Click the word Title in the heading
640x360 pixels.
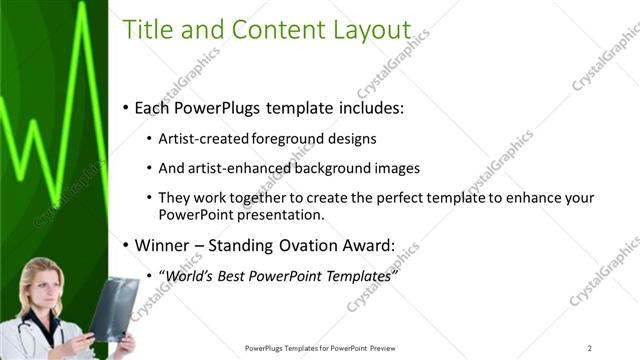coord(149,31)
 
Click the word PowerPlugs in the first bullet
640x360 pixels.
coord(215,107)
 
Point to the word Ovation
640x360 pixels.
coord(305,244)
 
